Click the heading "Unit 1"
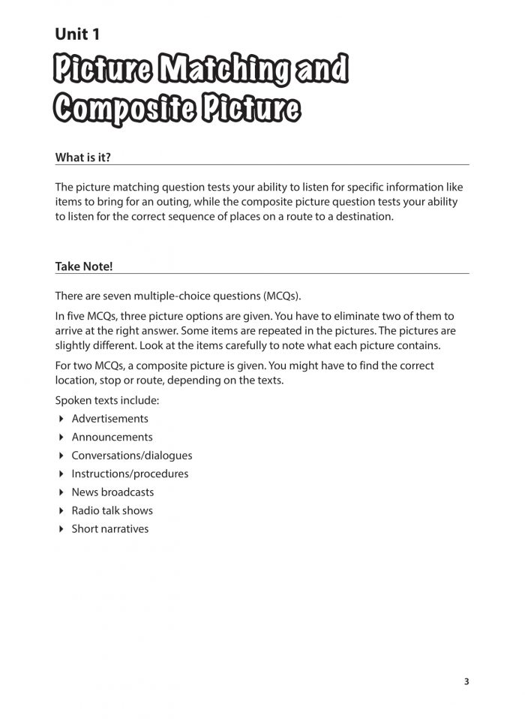pyautogui.click(x=77, y=34)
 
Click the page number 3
pyautogui.click(x=466, y=681)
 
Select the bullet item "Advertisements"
pyautogui.click(x=109, y=419)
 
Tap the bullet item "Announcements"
pyautogui.click(x=112, y=437)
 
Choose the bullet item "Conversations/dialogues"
pyautogui.click(x=131, y=456)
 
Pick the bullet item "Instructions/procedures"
pyautogui.click(x=130, y=474)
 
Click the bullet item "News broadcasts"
pyautogui.click(x=112, y=492)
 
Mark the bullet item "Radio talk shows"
pyautogui.click(x=112, y=510)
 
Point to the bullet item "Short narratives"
pyautogui.click(x=109, y=529)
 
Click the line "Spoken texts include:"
pyautogui.click(x=106, y=400)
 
